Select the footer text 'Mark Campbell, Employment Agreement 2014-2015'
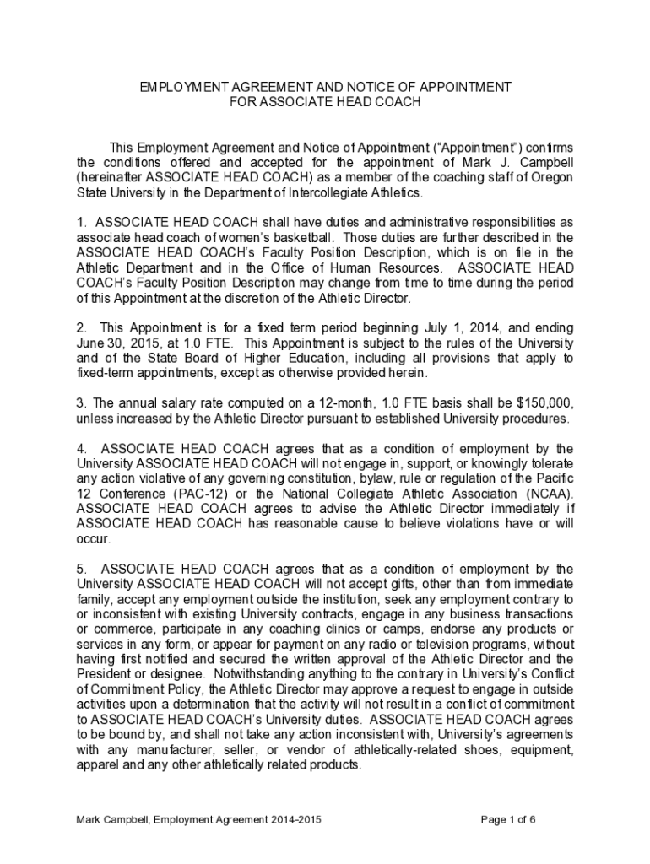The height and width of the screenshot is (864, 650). (198, 819)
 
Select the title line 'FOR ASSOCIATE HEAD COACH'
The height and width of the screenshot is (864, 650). (325, 102)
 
